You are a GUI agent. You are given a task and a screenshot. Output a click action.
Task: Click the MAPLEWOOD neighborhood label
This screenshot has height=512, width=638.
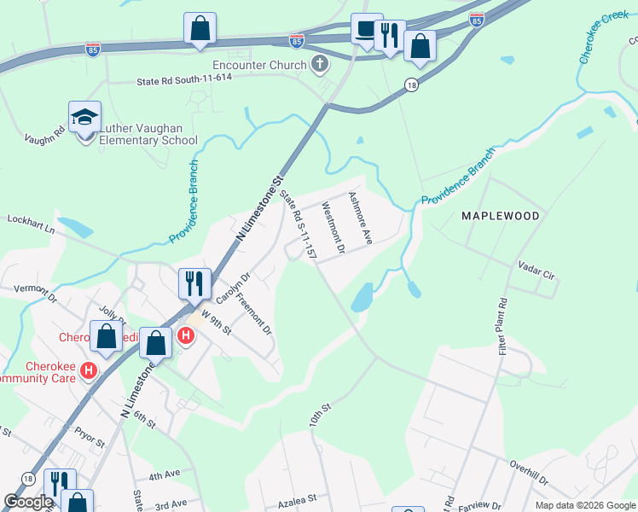pos(501,216)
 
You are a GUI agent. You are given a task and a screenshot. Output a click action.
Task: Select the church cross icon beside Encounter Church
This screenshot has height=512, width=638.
pos(321,63)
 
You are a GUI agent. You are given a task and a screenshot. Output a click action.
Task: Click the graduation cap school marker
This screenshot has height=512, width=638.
pos(85,118)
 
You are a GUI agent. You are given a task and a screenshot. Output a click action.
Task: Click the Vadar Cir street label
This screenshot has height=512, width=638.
pos(536,271)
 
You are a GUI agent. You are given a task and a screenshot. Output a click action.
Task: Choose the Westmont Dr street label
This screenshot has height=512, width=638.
pos(331,228)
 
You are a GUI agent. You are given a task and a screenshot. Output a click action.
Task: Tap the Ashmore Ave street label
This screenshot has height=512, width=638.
pos(361,218)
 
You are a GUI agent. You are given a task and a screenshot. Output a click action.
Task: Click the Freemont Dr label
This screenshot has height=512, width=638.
pos(253,313)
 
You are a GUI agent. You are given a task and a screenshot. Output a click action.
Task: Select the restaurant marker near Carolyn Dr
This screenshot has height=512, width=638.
pos(194,282)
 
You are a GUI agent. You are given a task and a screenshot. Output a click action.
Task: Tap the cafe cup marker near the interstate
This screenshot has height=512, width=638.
pos(367,30)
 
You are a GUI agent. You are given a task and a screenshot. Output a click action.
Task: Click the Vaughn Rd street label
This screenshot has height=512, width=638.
pos(45,134)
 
